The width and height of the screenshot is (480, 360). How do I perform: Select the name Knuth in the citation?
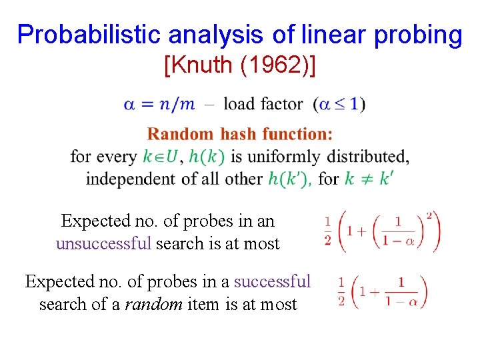point(203,65)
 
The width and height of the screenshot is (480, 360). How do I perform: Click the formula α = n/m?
point(159,104)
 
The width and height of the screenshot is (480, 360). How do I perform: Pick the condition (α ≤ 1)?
point(339,104)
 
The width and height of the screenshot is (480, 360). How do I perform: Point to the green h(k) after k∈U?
point(207,157)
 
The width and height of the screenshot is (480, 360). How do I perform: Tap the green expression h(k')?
point(289,179)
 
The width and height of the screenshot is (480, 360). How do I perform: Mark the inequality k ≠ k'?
point(367,179)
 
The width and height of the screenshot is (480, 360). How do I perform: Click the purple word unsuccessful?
point(103,243)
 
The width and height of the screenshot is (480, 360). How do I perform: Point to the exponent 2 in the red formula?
point(429,215)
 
